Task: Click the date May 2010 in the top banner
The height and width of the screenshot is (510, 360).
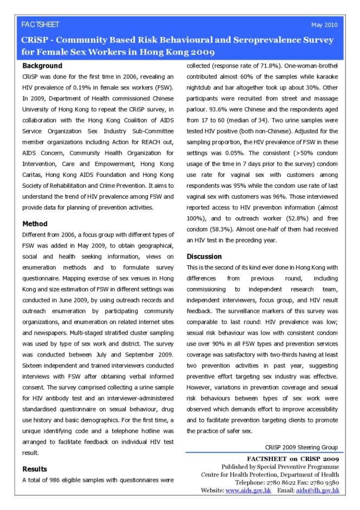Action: tap(324, 25)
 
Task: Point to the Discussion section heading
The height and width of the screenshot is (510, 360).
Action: tap(204, 256)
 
